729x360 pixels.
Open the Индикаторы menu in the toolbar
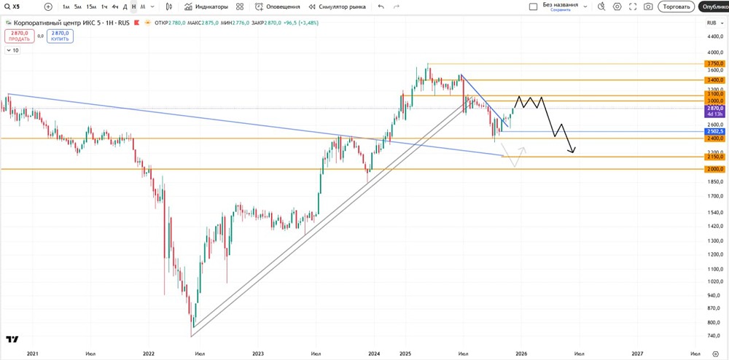pos(206,7)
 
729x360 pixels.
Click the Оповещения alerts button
pos(278,7)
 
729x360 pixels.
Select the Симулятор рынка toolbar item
pos(337,7)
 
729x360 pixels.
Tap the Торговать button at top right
pos(675,7)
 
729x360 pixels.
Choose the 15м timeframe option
pos(90,7)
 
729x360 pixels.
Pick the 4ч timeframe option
pos(114,7)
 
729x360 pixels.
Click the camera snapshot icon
pos(648,7)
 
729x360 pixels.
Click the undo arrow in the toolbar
pos(381,7)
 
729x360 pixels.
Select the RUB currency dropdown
pos(714,23)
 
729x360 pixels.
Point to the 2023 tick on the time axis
pos(257,353)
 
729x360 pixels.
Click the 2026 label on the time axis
pos(521,353)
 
